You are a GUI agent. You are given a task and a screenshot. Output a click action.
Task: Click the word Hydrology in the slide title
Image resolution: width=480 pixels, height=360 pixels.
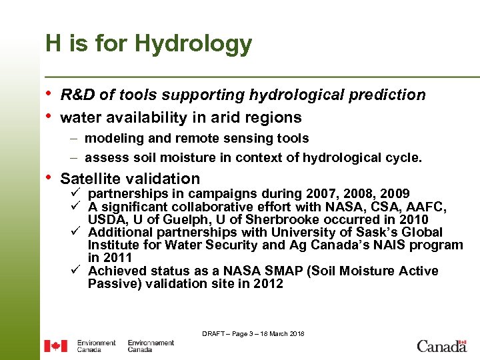[x=193, y=44]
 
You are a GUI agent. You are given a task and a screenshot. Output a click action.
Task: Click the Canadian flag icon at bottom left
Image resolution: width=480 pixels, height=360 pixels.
[x=55, y=346]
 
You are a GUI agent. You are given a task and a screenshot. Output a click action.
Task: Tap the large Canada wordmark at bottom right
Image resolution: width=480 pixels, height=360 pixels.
[x=441, y=345]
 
